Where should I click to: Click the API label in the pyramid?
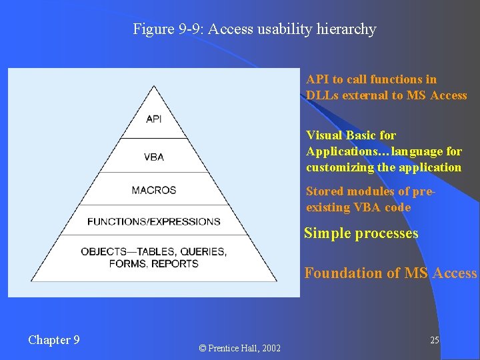coord(154,119)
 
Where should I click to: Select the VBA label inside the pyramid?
coord(154,157)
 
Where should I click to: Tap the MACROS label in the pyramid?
coord(154,190)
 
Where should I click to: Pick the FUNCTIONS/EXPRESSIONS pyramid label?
coord(154,221)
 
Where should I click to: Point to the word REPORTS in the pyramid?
coord(175,263)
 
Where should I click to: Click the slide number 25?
coord(434,341)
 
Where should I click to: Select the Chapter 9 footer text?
coord(54,340)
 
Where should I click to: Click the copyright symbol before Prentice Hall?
coord(203,349)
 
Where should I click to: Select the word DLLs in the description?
coord(323,95)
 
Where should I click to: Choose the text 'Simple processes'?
coord(361,233)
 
